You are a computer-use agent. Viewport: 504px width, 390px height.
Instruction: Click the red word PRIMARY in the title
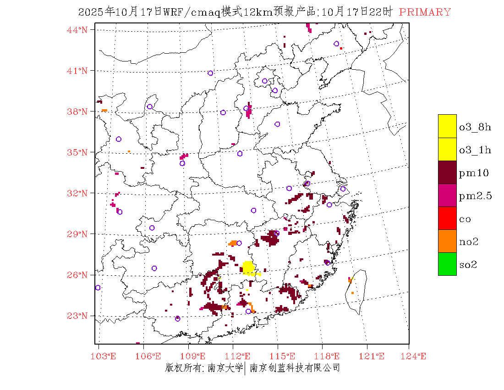point(425,12)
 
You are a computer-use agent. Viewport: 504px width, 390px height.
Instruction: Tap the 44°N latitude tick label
point(78,30)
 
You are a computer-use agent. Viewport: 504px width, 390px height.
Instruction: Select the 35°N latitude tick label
point(78,152)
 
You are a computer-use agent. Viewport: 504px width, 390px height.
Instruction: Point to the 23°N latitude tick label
point(78,316)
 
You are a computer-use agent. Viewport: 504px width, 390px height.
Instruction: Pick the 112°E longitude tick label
point(240,356)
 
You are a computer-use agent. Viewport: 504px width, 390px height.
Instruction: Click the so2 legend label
point(468,264)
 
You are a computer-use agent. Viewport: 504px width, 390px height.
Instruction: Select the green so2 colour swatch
point(447,264)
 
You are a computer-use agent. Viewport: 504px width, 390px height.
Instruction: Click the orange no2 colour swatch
point(447,241)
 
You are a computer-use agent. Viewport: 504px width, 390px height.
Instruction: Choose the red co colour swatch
point(447,218)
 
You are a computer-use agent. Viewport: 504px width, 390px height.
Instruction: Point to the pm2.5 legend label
point(475,196)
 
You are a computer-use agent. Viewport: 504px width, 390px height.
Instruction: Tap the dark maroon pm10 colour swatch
point(447,172)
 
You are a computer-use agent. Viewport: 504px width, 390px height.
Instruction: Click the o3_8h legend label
point(475,127)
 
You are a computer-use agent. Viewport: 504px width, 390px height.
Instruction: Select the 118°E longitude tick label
point(329,356)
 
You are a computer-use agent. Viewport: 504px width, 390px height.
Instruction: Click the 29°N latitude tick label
point(78,234)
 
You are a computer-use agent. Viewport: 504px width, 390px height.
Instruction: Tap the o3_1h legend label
point(475,150)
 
